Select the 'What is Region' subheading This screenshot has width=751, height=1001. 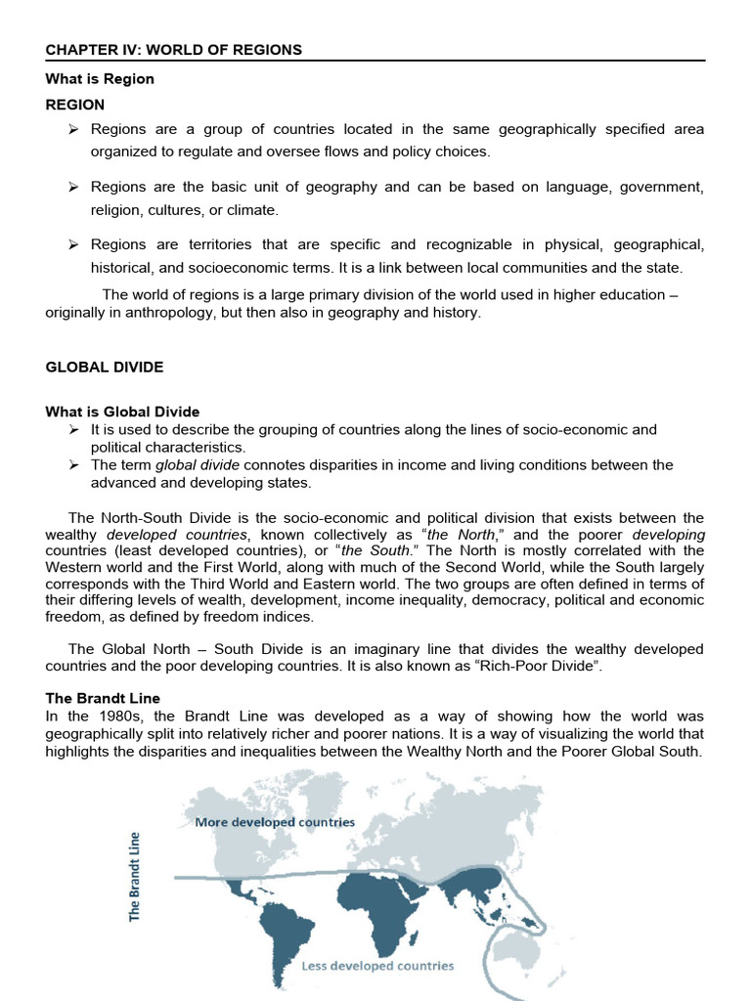pyautogui.click(x=99, y=78)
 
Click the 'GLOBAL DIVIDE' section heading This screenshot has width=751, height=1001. pyautogui.click(x=105, y=368)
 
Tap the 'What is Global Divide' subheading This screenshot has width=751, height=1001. pyautogui.click(x=122, y=412)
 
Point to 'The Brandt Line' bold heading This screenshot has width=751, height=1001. pyautogui.click(x=103, y=698)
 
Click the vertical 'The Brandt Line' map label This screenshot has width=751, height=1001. pyautogui.click(x=135, y=875)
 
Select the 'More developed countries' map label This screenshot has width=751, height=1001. pyautogui.click(x=275, y=822)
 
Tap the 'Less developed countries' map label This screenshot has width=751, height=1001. pyautogui.click(x=377, y=965)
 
